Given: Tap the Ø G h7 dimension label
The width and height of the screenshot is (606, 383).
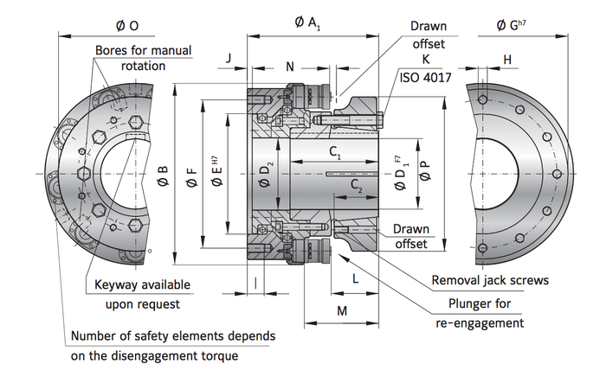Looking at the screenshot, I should [513, 23].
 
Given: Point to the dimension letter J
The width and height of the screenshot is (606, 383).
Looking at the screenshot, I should [227, 58].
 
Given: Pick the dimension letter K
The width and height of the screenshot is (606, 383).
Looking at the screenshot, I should [426, 59].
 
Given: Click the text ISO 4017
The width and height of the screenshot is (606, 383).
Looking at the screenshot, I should [424, 76].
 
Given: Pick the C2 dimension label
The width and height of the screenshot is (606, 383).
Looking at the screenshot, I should [357, 184].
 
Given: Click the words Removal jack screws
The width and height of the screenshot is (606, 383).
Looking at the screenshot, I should [490, 280].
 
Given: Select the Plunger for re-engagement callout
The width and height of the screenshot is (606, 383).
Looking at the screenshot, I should [479, 313].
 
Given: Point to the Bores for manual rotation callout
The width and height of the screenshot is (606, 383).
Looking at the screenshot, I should [144, 58].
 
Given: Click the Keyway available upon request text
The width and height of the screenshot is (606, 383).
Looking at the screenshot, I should [142, 294].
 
